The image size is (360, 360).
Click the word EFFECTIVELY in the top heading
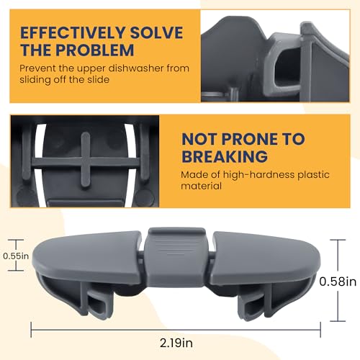(x=73, y=32)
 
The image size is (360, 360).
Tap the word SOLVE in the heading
(x=157, y=32)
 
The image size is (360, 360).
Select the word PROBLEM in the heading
(x=95, y=50)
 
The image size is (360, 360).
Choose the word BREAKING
(x=225, y=156)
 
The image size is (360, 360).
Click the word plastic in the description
(x=314, y=175)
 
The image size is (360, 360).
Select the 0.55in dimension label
(x=16, y=256)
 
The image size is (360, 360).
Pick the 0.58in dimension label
(x=338, y=282)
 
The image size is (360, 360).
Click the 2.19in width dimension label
(x=176, y=343)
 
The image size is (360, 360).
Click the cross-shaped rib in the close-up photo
(x=86, y=160)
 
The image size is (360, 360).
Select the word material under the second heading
(x=201, y=186)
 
